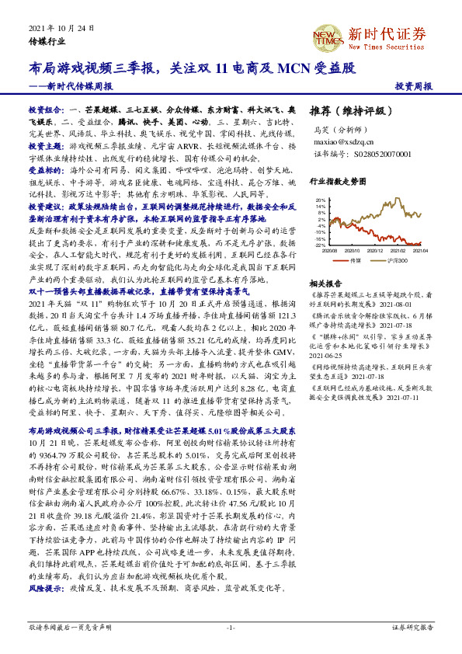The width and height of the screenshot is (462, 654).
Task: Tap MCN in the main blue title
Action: pyautogui.click(x=294, y=68)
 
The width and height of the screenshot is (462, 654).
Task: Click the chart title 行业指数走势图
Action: pyautogui.click(x=336, y=181)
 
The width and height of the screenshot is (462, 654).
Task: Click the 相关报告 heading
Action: pyautogui.click(x=323, y=284)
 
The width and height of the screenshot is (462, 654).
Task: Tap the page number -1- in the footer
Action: pyautogui.click(x=231, y=627)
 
